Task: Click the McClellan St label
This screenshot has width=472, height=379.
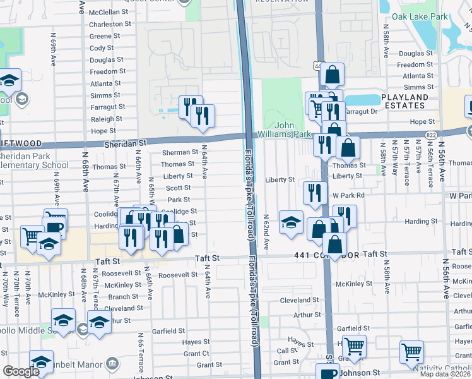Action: coord(109,12)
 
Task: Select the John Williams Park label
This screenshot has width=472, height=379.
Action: coord(285,130)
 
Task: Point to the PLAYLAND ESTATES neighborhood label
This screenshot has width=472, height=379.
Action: coord(404,102)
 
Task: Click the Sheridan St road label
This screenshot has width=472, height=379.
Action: coord(126,144)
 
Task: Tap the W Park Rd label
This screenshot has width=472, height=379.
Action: coord(349,195)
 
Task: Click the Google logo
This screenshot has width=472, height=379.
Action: coord(21,371)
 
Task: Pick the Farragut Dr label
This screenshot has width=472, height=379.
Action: coord(363,111)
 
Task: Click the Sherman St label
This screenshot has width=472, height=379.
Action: coord(180,152)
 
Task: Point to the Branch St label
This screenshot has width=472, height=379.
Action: coord(119,297)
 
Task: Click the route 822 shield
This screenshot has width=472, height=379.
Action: coord(431,135)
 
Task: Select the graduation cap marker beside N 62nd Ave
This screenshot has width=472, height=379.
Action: coord(290,223)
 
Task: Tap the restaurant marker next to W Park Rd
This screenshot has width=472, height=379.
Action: coord(314,192)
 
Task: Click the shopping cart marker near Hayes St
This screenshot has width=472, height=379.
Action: coord(355,346)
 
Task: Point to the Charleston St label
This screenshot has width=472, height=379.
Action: coord(110,24)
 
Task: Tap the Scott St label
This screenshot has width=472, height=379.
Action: coord(179,188)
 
